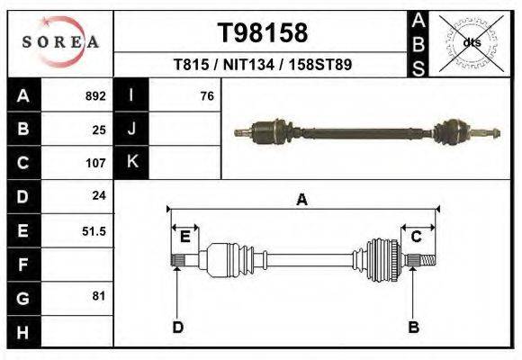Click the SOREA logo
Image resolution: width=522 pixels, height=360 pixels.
(x=60, y=42)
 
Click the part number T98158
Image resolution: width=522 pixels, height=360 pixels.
(x=263, y=33)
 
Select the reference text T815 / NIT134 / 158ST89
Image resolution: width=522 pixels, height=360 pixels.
(x=263, y=65)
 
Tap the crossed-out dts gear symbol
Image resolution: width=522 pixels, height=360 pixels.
(x=471, y=42)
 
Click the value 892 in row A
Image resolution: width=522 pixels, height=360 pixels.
(x=95, y=95)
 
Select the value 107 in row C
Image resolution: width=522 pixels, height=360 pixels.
(x=95, y=163)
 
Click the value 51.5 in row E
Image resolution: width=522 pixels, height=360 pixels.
(x=94, y=230)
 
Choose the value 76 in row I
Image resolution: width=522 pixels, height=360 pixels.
(x=206, y=95)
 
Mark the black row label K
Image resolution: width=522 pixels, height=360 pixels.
(x=131, y=163)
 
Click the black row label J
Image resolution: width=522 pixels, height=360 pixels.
(x=131, y=129)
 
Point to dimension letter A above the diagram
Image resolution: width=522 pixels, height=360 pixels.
(x=301, y=200)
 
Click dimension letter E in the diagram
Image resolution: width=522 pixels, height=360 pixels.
(x=184, y=237)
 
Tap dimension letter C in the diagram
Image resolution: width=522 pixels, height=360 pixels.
(x=417, y=237)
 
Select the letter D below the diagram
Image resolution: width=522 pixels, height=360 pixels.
(x=178, y=328)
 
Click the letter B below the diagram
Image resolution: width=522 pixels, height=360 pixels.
(x=413, y=328)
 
